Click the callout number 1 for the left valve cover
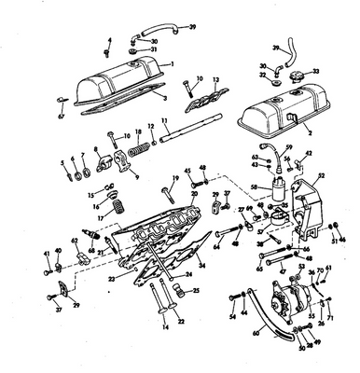click(x=171, y=63)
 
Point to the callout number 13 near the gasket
click(x=216, y=81)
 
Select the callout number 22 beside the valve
click(x=181, y=322)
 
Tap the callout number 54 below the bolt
click(x=231, y=318)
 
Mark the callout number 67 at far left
click(x=62, y=119)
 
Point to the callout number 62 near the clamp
click(x=75, y=242)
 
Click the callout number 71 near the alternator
click(x=332, y=319)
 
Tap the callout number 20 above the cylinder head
click(x=193, y=194)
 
